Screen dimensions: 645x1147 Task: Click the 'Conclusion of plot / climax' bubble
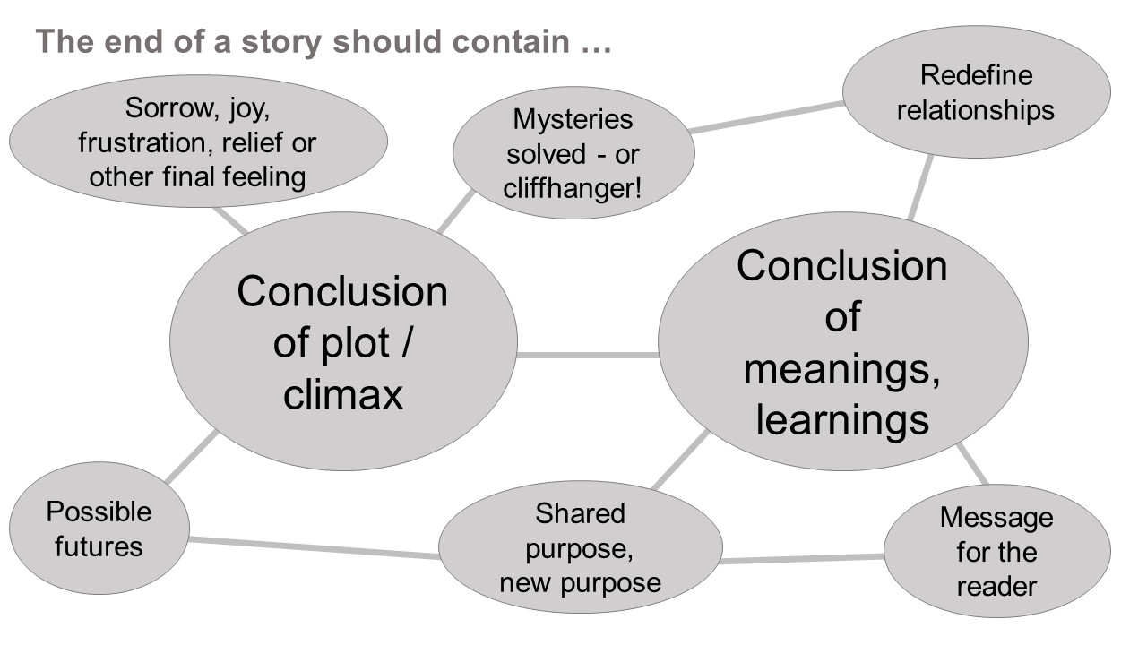[342, 342]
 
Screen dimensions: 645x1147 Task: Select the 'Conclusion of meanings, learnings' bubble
[842, 342]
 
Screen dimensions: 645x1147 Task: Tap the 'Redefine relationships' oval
[976, 92]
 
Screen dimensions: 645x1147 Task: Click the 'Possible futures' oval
[99, 529]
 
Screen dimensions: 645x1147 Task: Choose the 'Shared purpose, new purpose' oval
[580, 547]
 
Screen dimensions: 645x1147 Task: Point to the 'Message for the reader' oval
[996, 551]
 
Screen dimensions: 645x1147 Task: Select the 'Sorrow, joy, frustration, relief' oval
[198, 142]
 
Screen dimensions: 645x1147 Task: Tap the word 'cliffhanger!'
[573, 189]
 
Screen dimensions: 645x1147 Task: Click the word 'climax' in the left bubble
[342, 395]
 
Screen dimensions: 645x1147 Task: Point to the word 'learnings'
[842, 418]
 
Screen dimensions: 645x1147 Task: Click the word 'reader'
[996, 586]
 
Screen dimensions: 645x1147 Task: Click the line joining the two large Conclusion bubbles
[588, 355]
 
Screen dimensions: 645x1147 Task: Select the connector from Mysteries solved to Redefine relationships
[767, 117]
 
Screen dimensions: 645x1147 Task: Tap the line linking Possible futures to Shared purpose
[314, 547]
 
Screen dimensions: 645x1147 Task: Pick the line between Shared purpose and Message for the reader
[803, 559]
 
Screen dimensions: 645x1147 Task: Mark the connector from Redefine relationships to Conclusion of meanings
[920, 186]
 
